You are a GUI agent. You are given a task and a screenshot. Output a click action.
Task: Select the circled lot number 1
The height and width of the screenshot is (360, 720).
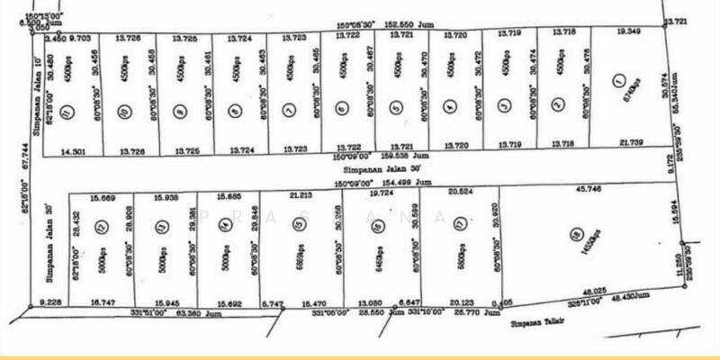click(617, 81)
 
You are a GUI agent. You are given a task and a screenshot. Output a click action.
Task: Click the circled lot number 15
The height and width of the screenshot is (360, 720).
click(298, 229)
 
